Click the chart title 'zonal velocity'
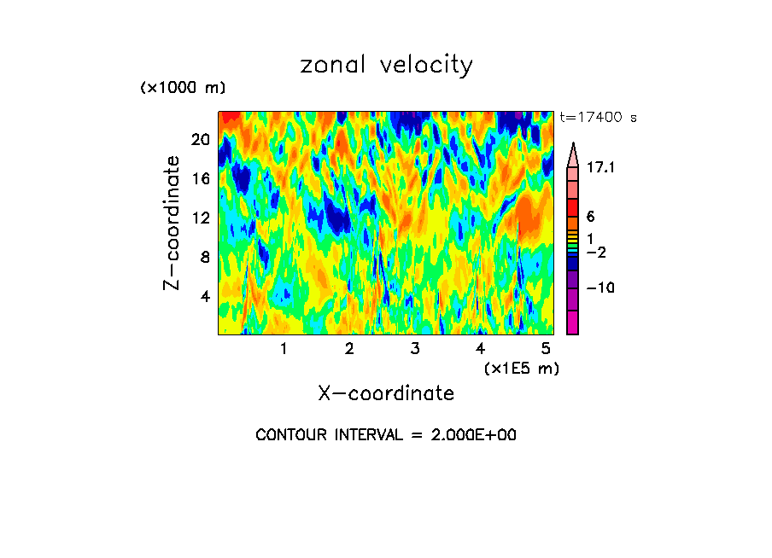(386, 66)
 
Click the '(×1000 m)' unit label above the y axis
(182, 89)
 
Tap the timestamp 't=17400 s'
(598, 118)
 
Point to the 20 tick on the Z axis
(200, 140)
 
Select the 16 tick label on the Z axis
(200, 179)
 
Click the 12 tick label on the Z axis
(200, 218)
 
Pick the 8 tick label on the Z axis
(204, 258)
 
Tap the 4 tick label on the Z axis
(204, 297)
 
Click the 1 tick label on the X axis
(284, 348)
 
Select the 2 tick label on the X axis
(349, 348)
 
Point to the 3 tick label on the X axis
(415, 348)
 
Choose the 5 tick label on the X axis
(546, 348)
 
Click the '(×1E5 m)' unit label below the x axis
(521, 369)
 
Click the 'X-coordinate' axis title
(386, 393)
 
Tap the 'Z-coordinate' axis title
(173, 223)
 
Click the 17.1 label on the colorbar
(600, 169)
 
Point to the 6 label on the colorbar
(590, 217)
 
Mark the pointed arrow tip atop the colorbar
(573, 145)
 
